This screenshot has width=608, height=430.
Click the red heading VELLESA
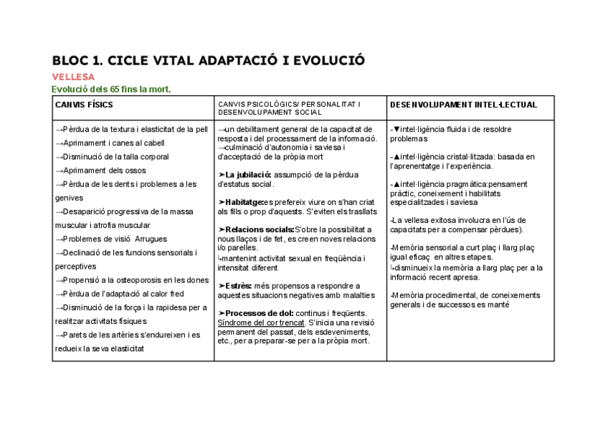point(73,77)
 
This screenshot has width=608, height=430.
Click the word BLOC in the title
point(70,59)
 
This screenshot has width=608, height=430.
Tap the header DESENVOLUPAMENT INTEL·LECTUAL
point(463,105)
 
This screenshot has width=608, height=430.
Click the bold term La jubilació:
point(247,174)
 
